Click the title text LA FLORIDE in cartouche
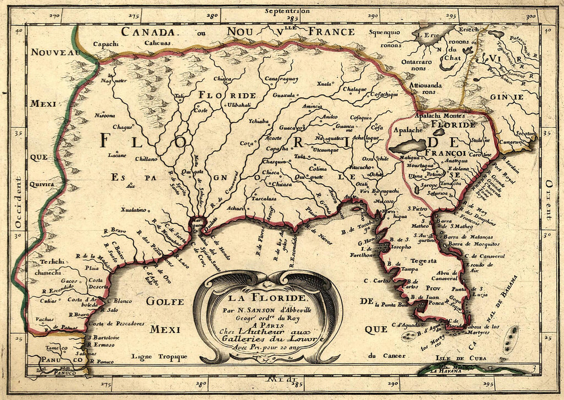[267, 298]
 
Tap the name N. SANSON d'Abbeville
[267, 309]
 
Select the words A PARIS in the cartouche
[267, 325]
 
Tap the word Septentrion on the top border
[287, 10]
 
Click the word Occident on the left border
[18, 203]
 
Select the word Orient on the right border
[548, 200]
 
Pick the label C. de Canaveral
[485, 255]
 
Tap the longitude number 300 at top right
[530, 16]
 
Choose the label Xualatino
[133, 210]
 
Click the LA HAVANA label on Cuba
[444, 370]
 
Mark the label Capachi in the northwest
[107, 44]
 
